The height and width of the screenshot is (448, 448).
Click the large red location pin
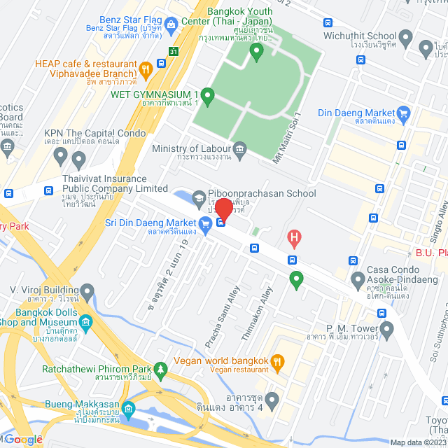(223, 209)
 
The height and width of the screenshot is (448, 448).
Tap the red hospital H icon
(295, 239)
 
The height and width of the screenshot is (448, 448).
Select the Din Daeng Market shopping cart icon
(403, 113)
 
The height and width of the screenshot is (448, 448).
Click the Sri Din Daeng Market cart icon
(205, 224)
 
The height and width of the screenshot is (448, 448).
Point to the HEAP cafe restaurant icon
(146, 69)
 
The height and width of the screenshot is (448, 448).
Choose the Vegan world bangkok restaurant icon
(277, 361)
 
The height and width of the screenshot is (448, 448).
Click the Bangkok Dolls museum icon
(86, 322)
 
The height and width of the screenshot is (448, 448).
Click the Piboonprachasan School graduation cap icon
(199, 199)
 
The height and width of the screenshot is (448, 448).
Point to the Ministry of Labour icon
(240, 148)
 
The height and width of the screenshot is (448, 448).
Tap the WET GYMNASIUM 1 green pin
(206, 94)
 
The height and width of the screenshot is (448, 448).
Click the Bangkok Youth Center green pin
(257, 50)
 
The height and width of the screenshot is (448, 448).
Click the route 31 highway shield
(174, 50)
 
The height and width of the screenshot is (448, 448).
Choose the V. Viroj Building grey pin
(87, 290)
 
